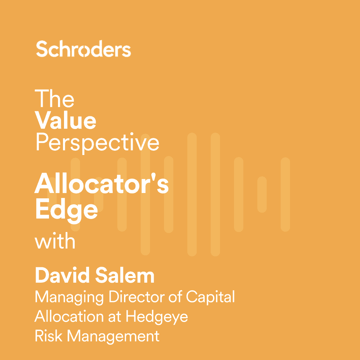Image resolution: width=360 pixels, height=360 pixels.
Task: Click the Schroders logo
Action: click(83, 49)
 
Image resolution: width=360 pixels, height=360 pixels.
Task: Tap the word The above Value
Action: click(55, 99)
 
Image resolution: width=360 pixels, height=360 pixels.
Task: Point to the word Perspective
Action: click(97, 142)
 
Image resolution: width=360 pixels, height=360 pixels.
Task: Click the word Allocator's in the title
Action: click(102, 184)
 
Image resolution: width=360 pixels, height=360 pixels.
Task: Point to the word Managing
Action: click(69, 297)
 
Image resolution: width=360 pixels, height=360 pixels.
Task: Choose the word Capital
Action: click(210, 297)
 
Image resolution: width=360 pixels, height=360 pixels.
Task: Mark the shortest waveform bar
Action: click(262, 194)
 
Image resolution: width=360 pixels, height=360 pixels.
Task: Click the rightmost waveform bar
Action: click(285, 194)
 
